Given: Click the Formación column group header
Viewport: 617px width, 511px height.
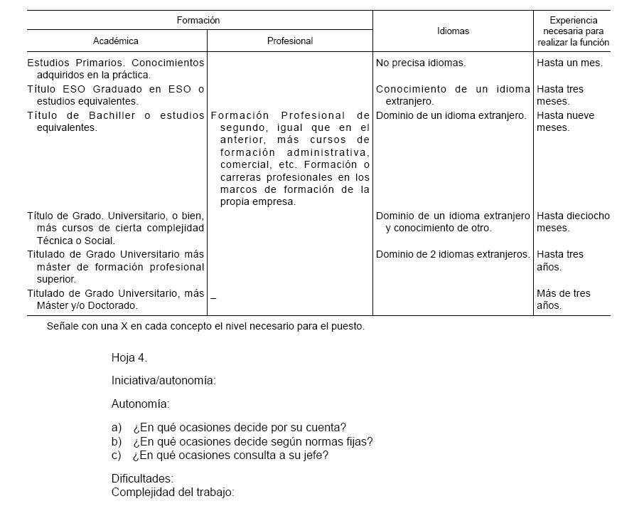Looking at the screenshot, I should click(x=198, y=21).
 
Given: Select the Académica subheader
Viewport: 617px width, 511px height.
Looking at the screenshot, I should click(x=116, y=41).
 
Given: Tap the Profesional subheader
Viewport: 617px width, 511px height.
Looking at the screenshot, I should click(x=290, y=41).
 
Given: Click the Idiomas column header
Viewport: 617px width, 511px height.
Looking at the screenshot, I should click(x=453, y=31).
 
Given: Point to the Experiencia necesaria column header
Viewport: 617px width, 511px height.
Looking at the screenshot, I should click(x=573, y=31).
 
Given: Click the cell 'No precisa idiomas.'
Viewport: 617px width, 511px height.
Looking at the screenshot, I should click(x=421, y=63).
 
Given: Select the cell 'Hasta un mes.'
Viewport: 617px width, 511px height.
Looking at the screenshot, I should click(x=569, y=63).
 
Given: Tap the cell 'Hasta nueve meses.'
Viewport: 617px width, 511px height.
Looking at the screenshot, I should click(x=565, y=122).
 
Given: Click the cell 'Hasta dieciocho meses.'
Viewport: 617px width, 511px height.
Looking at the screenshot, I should click(x=572, y=222).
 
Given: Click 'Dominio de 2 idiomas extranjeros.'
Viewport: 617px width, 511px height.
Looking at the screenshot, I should click(x=453, y=254).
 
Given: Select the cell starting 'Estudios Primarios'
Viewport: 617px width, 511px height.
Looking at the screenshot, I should click(x=115, y=68).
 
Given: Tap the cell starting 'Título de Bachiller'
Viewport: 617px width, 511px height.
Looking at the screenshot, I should click(x=115, y=122).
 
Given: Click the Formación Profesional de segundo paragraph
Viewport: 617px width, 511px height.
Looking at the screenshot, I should click(x=290, y=158).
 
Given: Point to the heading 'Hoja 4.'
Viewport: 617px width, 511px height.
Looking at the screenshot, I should click(x=129, y=357).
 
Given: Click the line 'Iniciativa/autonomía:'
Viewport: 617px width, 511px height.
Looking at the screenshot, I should click(x=163, y=381).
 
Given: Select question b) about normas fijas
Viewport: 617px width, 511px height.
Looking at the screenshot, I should click(x=242, y=442).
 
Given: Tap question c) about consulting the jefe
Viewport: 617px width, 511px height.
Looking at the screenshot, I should click(x=220, y=455).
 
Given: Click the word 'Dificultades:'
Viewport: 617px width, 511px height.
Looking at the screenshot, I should click(x=142, y=479).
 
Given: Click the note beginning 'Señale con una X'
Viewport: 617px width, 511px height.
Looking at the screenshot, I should click(x=205, y=327).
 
